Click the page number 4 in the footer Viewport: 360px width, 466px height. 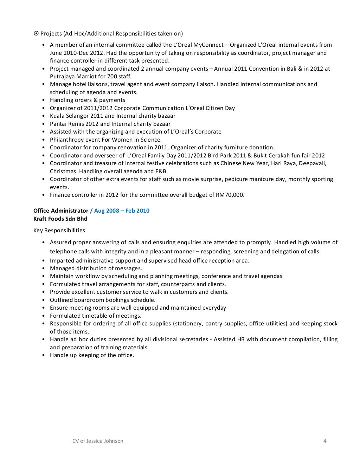(x=325, y=441)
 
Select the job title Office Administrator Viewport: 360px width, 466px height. (x=61, y=211)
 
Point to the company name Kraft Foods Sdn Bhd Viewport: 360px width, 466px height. (x=60, y=219)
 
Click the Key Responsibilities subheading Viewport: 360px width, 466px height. (x=59, y=231)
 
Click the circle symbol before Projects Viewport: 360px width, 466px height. (x=36, y=34)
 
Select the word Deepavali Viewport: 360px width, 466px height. (x=313, y=163)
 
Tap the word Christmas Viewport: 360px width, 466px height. (x=63, y=171)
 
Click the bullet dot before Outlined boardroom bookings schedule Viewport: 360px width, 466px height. (x=43, y=300)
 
